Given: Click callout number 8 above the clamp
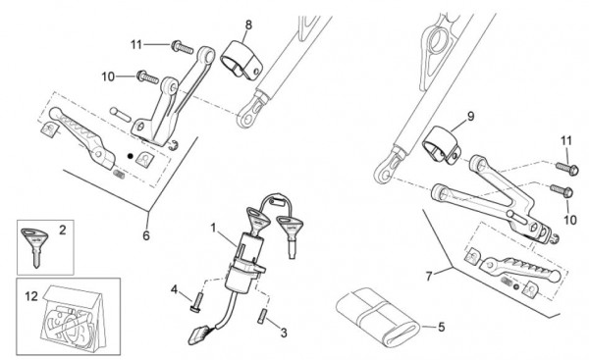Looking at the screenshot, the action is pyautogui.click(x=248, y=26).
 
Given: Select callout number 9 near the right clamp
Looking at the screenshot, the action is pyautogui.click(x=470, y=117).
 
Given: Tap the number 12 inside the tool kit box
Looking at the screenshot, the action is pyautogui.click(x=31, y=296).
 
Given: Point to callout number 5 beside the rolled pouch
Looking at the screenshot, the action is pyautogui.click(x=441, y=327).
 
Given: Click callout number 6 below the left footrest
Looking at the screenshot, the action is pyautogui.click(x=146, y=235).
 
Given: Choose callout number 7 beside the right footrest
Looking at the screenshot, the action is pyautogui.click(x=429, y=277).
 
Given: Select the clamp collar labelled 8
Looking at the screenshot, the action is pyautogui.click(x=241, y=60).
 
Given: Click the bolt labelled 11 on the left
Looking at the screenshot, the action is pyautogui.click(x=183, y=47).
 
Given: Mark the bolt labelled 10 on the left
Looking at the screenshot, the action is pyautogui.click(x=147, y=77).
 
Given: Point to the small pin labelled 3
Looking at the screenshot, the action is pyautogui.click(x=261, y=315).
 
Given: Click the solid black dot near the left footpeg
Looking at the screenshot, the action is pyautogui.click(x=131, y=156).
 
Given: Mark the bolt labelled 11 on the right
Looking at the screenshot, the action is pyautogui.click(x=567, y=169).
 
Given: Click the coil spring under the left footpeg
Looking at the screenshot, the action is pyautogui.click(x=119, y=174).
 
